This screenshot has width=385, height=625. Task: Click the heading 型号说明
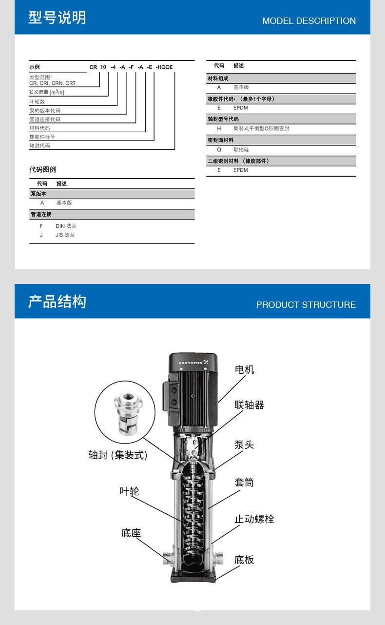(57, 18)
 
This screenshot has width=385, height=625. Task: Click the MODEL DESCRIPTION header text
(309, 21)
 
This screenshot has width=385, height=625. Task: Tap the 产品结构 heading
(57, 302)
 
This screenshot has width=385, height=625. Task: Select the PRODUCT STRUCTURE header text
(306, 305)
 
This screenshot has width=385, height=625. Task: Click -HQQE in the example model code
(164, 67)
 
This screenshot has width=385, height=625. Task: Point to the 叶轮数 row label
(37, 101)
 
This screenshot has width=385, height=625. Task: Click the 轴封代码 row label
(39, 145)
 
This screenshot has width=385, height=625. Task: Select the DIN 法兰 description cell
(66, 226)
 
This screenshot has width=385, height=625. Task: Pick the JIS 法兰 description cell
(65, 235)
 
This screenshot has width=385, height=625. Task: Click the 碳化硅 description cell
(241, 150)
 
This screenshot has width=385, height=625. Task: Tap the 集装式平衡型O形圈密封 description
(261, 129)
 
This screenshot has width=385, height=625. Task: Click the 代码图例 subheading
(42, 170)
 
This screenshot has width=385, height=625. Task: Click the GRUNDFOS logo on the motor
(193, 362)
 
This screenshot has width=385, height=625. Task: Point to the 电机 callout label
(244, 369)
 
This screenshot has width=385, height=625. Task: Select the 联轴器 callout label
(249, 405)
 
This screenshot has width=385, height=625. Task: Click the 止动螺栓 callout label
(254, 519)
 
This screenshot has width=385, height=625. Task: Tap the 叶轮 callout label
(129, 491)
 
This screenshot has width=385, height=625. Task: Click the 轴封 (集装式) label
(117, 455)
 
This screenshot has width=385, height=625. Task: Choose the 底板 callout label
(244, 560)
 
